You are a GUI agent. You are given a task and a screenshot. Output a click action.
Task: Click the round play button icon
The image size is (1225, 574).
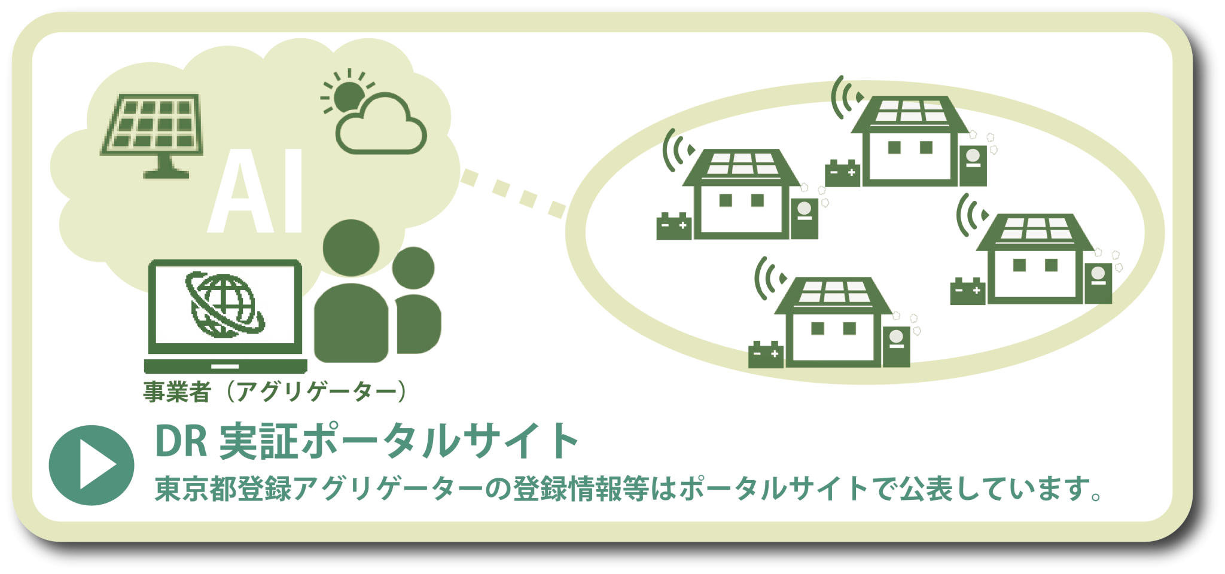92,465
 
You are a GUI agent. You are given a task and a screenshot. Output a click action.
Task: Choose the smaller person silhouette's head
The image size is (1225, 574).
413,268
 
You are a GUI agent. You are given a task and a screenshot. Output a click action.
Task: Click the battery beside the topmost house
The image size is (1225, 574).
842,173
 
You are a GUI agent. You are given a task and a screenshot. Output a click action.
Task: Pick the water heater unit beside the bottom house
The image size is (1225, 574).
896,347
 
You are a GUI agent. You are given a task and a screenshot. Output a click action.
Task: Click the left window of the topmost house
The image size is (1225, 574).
895,148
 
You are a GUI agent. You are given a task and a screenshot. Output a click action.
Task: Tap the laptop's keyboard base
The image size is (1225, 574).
226,366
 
